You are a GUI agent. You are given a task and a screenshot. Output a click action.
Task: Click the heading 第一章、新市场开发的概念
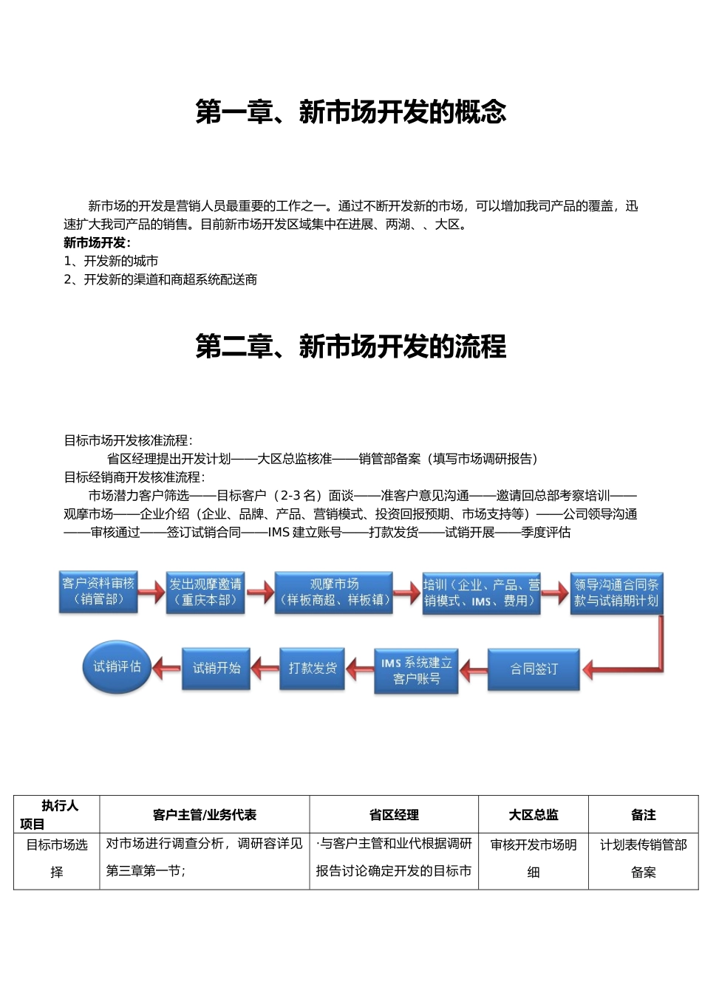click(351, 112)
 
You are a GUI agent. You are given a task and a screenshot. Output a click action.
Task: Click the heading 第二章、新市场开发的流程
click(351, 347)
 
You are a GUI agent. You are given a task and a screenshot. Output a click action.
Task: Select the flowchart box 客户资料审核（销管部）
click(98, 592)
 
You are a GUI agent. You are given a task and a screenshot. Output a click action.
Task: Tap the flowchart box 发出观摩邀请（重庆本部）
click(205, 593)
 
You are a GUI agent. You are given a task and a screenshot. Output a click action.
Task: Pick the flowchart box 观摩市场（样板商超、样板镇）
click(334, 593)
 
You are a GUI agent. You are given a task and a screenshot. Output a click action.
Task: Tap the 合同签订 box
click(534, 669)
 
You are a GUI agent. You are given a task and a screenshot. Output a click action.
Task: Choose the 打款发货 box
click(313, 669)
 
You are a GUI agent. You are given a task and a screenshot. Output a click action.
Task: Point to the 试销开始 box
click(217, 669)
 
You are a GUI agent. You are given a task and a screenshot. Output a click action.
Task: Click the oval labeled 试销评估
click(117, 667)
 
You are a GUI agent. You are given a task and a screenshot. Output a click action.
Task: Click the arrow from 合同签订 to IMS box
click(474, 671)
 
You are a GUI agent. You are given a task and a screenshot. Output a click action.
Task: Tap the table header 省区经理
click(394, 815)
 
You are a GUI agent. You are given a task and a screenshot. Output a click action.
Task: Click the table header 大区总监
click(534, 815)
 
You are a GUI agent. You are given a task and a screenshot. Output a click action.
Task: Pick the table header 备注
click(643, 815)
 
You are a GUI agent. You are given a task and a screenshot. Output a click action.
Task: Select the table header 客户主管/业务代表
click(205, 815)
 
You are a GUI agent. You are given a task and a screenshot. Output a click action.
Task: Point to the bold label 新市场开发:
click(97, 243)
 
